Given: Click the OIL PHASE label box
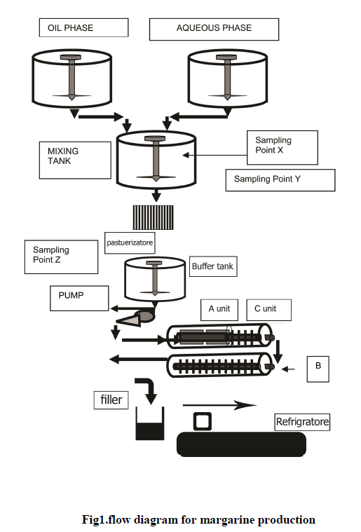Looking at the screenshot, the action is coord(84,27).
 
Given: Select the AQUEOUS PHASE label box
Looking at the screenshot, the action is coord(214,29).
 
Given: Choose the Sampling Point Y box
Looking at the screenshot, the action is coord(280,180).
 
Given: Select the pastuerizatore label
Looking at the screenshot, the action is coord(130,243).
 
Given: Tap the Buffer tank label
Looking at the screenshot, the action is coord(213,266).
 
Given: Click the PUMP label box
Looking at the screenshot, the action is coord(79,298).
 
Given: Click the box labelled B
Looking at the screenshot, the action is coord(318,369).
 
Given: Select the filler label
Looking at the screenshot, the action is coord(111,400).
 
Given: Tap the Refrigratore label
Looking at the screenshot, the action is coord(302,422).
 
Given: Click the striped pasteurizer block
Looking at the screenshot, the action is coord(153,217).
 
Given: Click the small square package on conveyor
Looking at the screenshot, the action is coord(203,421).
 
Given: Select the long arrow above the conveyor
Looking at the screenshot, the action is coord(219,405).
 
